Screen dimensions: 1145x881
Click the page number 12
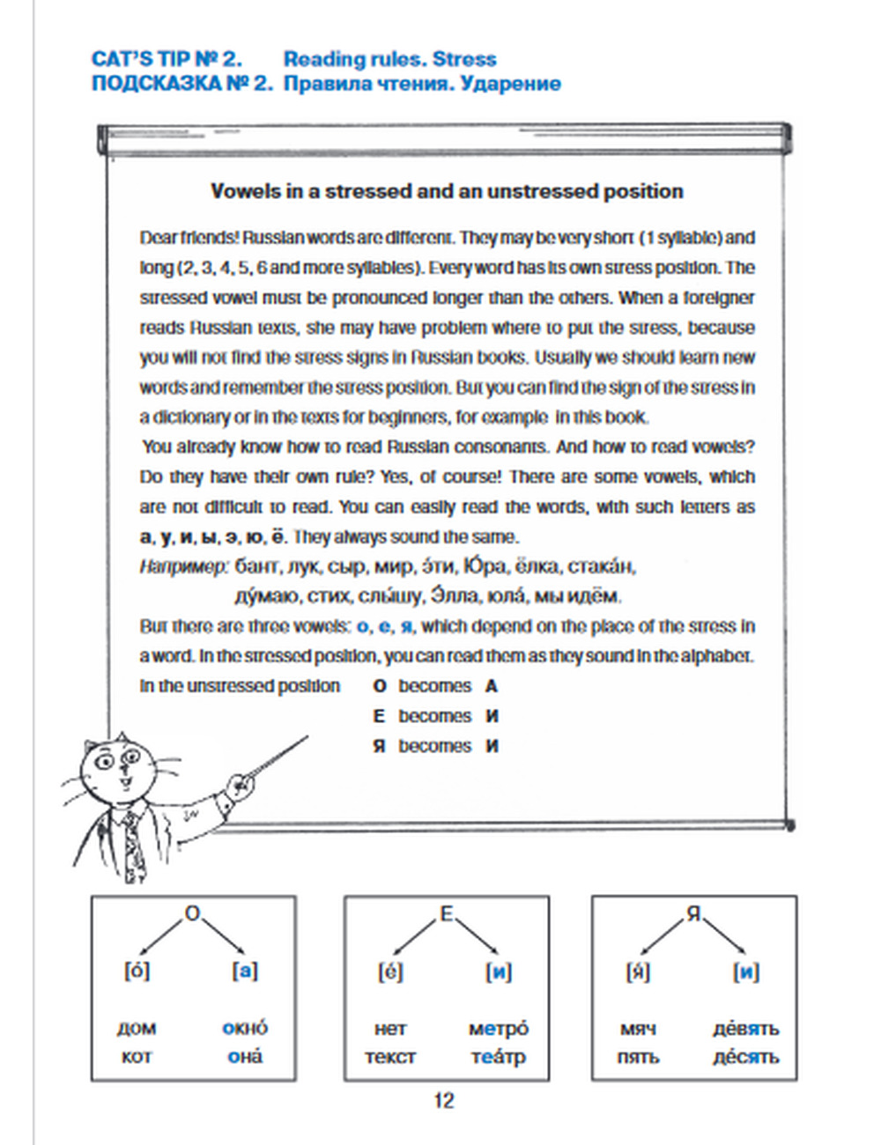pos(443,1100)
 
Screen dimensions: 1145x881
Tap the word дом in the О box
pos(137,1028)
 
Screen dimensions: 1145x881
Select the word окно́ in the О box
pos(245,1028)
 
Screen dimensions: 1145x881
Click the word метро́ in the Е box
pos(499,1028)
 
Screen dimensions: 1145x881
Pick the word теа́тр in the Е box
pos(498,1057)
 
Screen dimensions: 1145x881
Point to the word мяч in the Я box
pos(638,1028)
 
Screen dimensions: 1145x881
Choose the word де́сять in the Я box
pos(746,1057)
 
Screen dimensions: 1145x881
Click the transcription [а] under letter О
pos(245,971)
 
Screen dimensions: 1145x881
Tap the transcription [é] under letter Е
pos(390,971)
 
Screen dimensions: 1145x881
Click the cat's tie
pos(132,846)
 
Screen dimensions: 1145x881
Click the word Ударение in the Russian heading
pos(511,84)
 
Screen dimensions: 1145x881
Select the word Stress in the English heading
pos(464,59)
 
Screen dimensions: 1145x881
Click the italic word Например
pos(183,566)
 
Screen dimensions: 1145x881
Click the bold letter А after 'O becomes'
pos(492,686)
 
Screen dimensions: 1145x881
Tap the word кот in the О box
pos(137,1057)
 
